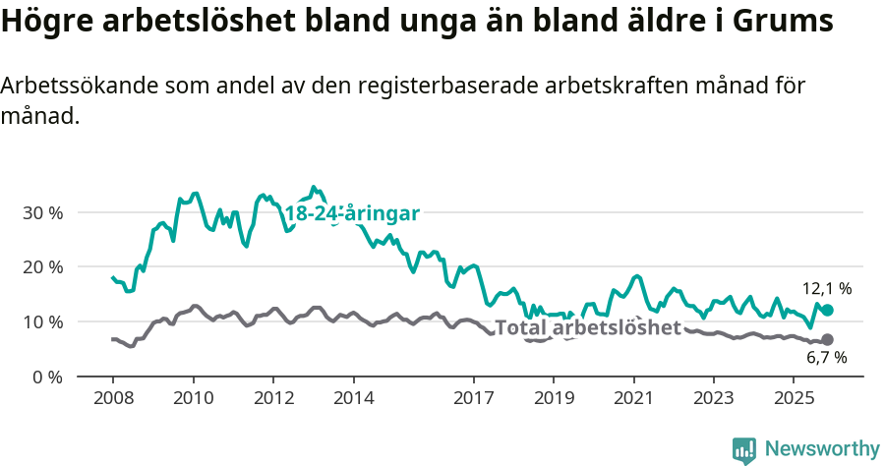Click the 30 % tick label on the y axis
click(41, 212)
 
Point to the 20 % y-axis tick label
click(41, 266)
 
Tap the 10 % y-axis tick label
click(41, 321)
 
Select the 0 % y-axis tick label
click(46, 377)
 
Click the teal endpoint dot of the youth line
click(828, 310)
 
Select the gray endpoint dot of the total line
click(828, 339)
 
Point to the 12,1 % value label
click(827, 289)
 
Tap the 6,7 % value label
click(827, 358)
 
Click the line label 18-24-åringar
click(352, 213)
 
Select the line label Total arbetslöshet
click(588, 327)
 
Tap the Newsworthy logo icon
click(744, 449)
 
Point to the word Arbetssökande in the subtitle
click(66, 86)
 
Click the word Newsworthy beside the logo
click(821, 449)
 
